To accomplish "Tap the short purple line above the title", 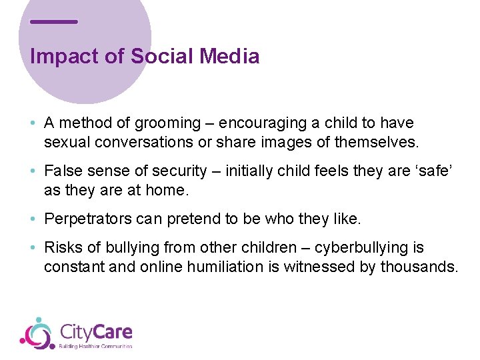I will tap(54, 21).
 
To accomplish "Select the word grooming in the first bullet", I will tap(167, 123).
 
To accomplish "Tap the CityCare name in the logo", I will tap(96, 331).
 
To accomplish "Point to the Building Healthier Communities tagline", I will tap(96, 347).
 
